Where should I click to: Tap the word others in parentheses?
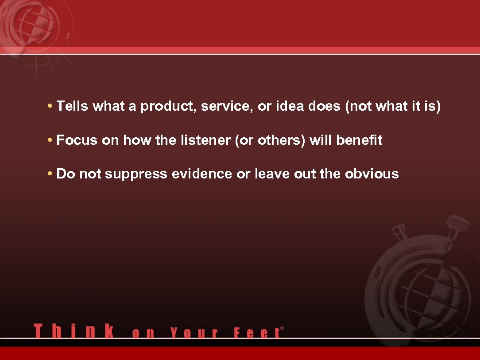pyautogui.click(x=281, y=140)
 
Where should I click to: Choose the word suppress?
pyautogui.click(x=136, y=174)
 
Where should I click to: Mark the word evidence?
pyautogui.click(x=201, y=174)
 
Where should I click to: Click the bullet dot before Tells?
pyautogui.click(x=50, y=107)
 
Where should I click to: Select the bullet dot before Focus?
pyautogui.click(x=50, y=141)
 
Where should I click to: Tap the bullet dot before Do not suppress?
pyautogui.click(x=50, y=174)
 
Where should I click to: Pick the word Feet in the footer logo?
pyautogui.click(x=256, y=333)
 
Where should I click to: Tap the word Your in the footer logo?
pyautogui.click(x=194, y=333)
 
